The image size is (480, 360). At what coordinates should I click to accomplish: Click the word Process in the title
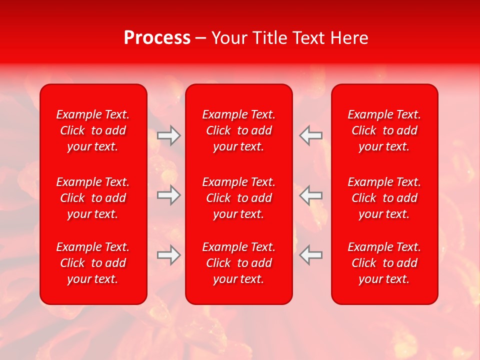pos(157,38)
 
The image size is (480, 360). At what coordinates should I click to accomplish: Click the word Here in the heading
pos(349,38)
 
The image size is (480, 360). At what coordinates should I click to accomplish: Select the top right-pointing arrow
pos(168,135)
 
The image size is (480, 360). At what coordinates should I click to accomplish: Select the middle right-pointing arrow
pos(168,195)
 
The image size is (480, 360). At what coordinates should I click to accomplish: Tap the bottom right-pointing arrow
pos(168,255)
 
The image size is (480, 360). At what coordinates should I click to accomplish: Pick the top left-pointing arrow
pos(310,135)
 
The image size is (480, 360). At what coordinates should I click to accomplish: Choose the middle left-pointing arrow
pos(310,195)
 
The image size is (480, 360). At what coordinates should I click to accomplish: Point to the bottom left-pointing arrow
pos(310,255)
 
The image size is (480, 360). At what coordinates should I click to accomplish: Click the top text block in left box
pos(93,130)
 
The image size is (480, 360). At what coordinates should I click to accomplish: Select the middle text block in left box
pos(93,198)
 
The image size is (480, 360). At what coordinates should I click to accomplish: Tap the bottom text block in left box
pos(93,263)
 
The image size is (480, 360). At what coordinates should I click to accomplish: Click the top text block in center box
pos(239,130)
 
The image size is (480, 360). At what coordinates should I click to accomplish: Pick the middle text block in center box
pos(239,198)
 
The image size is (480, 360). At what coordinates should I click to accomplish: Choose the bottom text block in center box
pos(239,263)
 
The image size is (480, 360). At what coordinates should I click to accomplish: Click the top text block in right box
pos(384,130)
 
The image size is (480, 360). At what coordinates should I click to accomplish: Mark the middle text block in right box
pos(384,198)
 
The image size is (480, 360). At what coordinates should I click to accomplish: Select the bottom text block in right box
pos(384,263)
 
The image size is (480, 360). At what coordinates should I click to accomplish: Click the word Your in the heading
pos(230,38)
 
